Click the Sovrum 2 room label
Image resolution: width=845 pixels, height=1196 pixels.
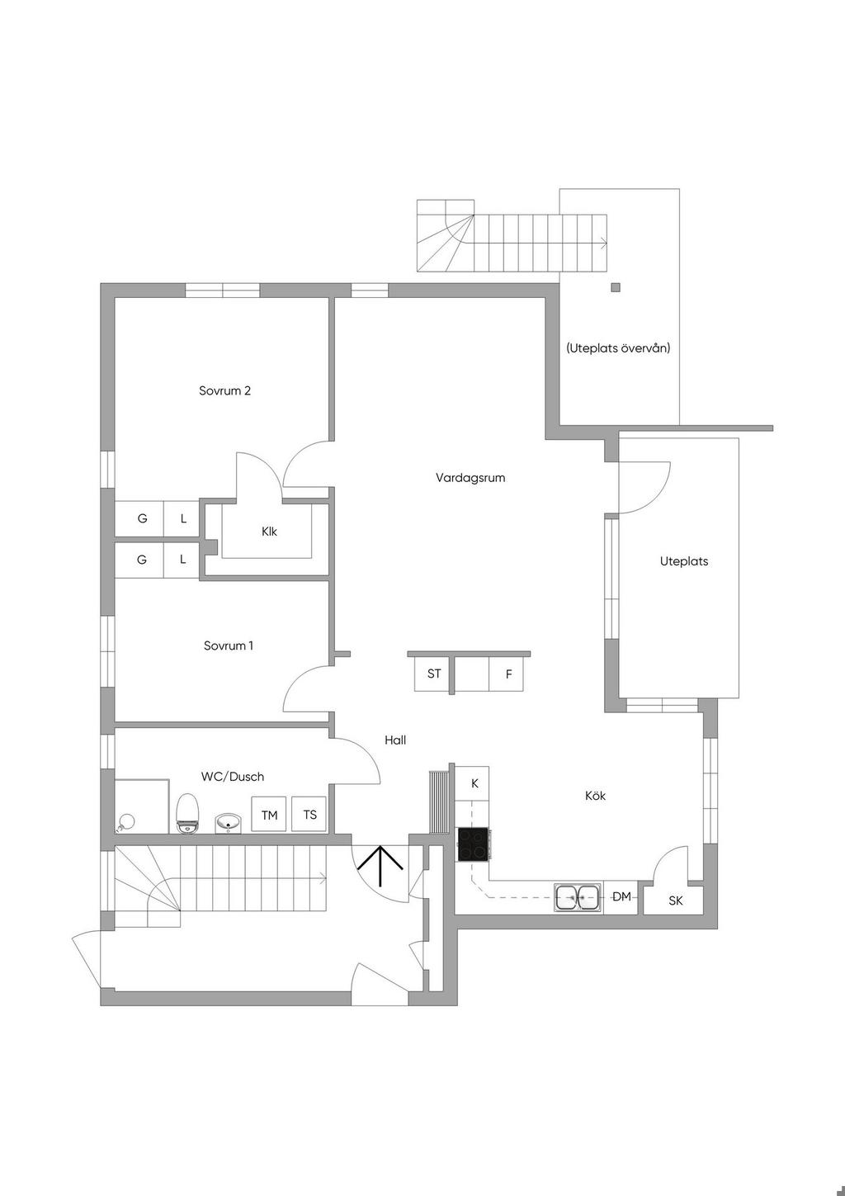(224, 390)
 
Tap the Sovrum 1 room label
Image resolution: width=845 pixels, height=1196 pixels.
(229, 645)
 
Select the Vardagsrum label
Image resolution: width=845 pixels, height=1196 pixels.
(470, 477)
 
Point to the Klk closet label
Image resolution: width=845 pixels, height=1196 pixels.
(269, 532)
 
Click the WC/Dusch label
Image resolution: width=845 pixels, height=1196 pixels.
(233, 777)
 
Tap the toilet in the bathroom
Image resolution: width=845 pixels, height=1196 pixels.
(188, 812)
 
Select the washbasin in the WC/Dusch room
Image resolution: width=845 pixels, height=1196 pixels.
(229, 822)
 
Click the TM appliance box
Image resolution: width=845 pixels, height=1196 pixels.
(269, 815)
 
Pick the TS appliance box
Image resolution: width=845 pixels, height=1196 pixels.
(309, 815)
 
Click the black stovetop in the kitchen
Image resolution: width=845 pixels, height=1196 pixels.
(473, 845)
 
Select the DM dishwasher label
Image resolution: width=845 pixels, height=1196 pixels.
(621, 896)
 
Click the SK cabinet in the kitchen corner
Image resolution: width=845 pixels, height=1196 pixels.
(675, 901)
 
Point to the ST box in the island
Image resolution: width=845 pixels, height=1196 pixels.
(434, 674)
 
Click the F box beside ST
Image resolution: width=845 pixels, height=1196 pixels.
(508, 674)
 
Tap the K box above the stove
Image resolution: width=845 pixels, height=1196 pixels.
(474, 783)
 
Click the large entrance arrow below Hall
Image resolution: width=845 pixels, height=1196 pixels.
(380, 866)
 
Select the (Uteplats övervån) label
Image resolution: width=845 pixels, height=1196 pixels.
(618, 348)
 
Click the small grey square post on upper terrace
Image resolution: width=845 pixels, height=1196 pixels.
(615, 288)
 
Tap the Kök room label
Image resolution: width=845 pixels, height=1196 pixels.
(595, 796)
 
